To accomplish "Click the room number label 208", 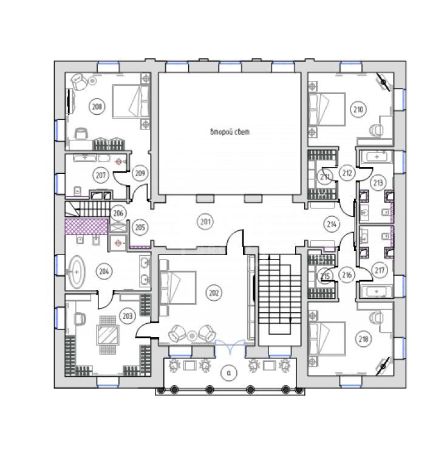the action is [x=97, y=106].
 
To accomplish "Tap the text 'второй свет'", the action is [x=230, y=132].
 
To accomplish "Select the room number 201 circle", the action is [x=205, y=221].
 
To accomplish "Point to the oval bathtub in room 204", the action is [x=77, y=272].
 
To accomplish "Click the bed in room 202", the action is [x=178, y=287].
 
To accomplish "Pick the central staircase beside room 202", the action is [x=279, y=300].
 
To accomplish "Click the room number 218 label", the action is [x=363, y=339].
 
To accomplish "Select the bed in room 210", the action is [x=327, y=109].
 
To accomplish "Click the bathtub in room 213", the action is [x=377, y=157].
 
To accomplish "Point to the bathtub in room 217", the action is [x=377, y=292].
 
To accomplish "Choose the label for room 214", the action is [x=332, y=224].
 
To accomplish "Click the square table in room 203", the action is [x=107, y=335].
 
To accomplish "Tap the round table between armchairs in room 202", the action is [x=192, y=336].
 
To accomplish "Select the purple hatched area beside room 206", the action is [x=86, y=227].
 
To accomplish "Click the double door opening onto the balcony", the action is [x=230, y=348].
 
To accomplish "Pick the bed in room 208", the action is [x=131, y=101].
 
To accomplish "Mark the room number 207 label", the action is [x=101, y=175].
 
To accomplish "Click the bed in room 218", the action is [x=327, y=338].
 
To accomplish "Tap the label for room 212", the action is [x=347, y=173].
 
